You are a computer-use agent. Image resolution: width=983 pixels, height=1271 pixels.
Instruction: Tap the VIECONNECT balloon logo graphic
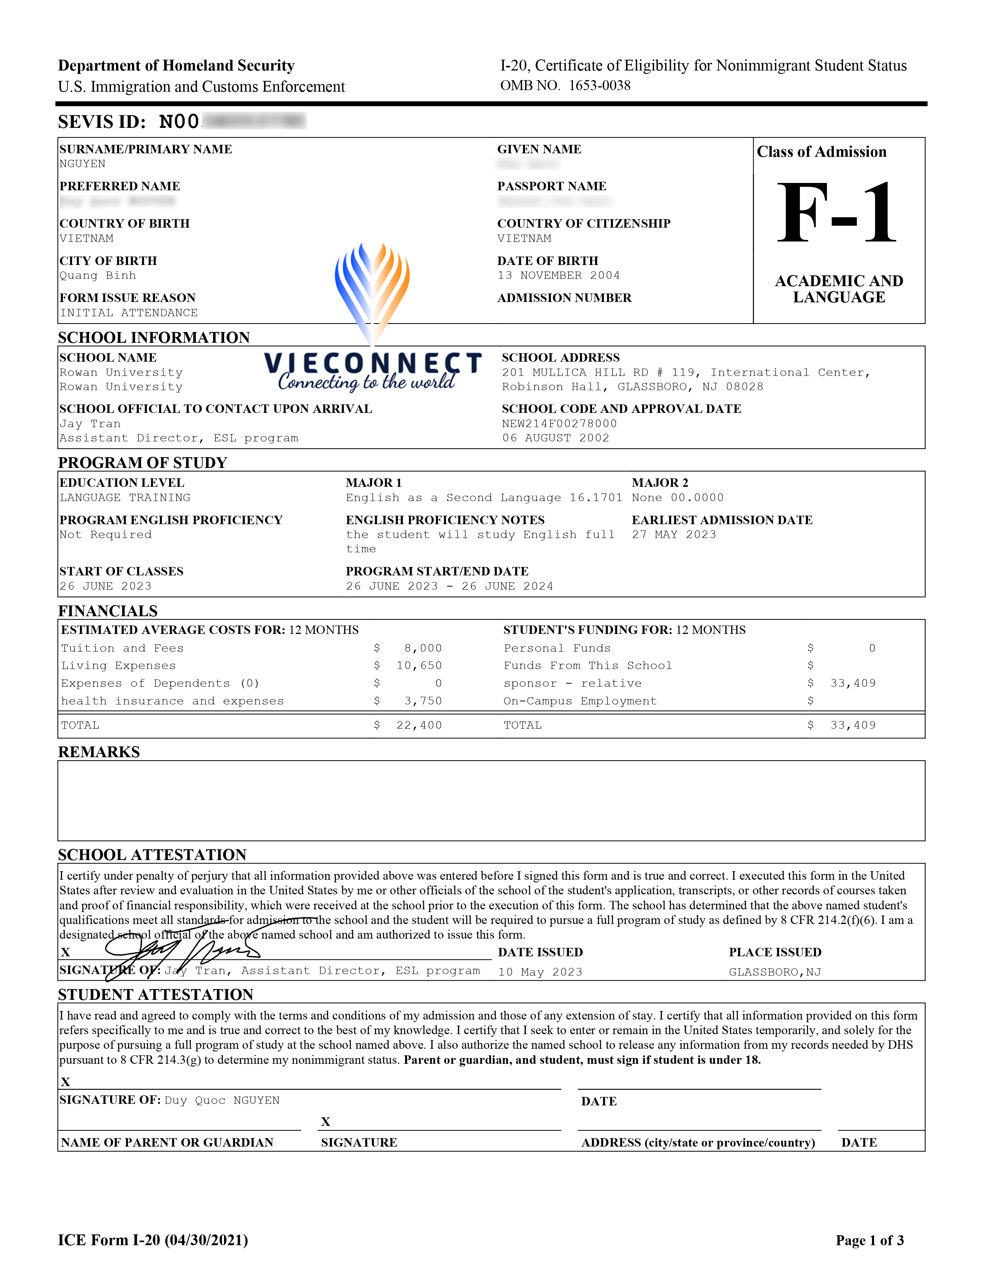[372, 291]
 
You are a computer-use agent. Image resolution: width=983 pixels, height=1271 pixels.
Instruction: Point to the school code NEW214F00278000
[559, 424]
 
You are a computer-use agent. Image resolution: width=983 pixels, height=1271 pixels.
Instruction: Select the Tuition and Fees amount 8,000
[423, 648]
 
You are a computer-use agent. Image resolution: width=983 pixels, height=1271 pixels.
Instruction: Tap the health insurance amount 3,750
[423, 701]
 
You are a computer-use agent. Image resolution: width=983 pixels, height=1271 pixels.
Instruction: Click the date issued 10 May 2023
[540, 972]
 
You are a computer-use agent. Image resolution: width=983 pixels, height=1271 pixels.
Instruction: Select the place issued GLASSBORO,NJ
[774, 972]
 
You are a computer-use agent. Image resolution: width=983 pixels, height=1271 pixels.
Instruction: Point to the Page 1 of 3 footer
[869, 1240]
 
